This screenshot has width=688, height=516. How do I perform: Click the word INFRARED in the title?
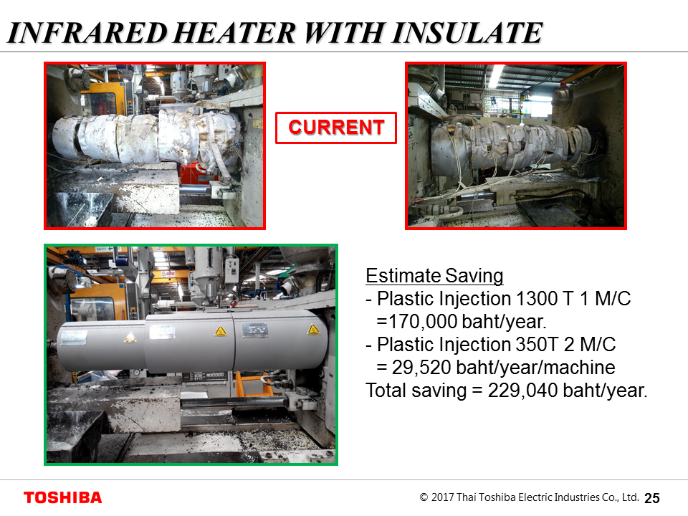[x=87, y=33]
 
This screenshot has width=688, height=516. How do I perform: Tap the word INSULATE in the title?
[x=467, y=33]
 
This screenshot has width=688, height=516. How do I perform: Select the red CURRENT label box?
[x=336, y=128]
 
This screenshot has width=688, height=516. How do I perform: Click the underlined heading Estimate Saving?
[x=434, y=276]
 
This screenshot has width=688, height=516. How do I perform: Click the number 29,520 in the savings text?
[x=421, y=368]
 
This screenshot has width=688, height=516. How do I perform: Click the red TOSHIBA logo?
[x=63, y=497]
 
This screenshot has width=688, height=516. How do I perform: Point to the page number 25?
[x=652, y=498]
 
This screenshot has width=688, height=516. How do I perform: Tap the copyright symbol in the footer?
[x=424, y=497]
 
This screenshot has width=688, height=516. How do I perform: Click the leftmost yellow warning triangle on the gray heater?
[x=130, y=338]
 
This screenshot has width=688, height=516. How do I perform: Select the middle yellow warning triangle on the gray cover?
[x=221, y=331]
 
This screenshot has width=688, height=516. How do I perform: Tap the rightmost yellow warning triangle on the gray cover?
[x=313, y=330]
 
